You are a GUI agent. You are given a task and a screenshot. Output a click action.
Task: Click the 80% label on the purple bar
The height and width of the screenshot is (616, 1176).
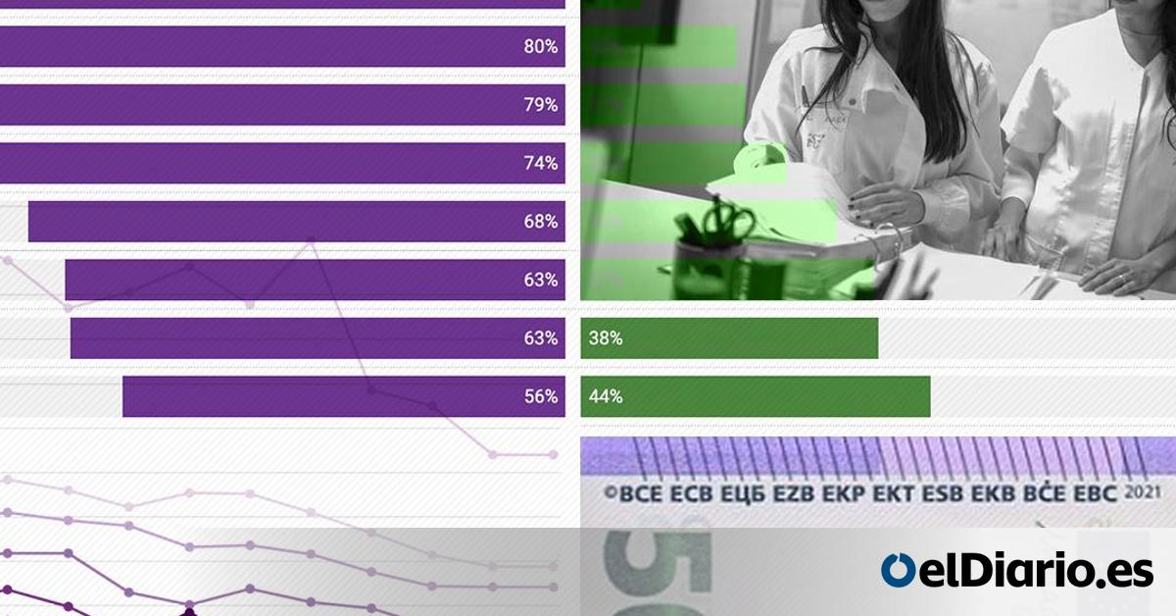541,46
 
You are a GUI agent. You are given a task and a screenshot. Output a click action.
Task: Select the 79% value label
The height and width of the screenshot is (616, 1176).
541,105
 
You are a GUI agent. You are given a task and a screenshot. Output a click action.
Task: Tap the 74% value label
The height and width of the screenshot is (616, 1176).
541,163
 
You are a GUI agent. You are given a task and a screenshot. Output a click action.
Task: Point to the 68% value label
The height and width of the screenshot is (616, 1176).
541,222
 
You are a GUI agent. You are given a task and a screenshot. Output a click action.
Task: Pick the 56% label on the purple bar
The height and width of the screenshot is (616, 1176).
541,396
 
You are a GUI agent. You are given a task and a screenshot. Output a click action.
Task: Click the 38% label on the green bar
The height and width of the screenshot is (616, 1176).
606,338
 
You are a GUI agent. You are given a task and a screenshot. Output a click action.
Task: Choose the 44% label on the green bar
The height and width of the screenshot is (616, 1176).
606,396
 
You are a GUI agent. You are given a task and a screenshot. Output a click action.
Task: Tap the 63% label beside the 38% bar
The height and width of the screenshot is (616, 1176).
541,338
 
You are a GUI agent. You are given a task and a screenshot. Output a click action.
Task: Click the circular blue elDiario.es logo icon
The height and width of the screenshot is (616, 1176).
897,570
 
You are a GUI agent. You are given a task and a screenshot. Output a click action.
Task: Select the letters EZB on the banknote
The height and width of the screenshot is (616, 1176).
794,493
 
